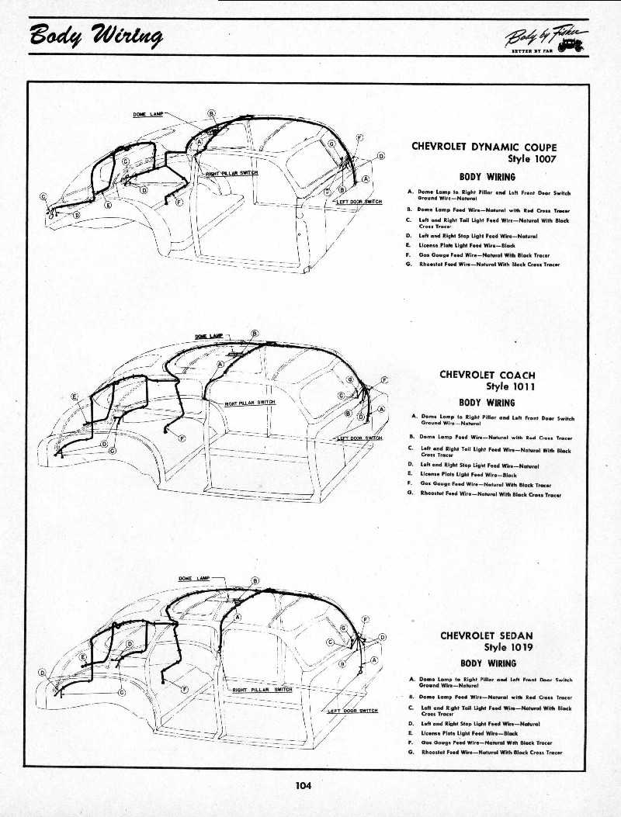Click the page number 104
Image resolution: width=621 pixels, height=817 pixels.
pos(303,785)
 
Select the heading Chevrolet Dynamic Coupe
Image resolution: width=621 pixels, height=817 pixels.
pos(484,147)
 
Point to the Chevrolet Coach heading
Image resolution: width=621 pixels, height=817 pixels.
pos(487,375)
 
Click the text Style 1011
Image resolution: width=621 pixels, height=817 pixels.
pos(510,386)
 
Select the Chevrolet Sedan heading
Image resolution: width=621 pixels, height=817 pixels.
pos(487,635)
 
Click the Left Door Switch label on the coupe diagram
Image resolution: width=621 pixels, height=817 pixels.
pos(359,202)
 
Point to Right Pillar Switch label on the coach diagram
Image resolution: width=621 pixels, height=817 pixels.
pos(249,403)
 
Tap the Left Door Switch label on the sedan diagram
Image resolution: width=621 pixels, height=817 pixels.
pos(353,711)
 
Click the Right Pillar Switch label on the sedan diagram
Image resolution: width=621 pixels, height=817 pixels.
pos(262,689)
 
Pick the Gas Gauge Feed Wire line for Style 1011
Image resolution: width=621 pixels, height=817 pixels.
pos(485,484)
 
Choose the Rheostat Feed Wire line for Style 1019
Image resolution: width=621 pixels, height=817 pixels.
pos(490,752)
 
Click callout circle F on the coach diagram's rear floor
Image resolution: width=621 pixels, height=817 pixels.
pos(182,438)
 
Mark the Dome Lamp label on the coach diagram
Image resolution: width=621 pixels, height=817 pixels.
pos(207,335)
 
